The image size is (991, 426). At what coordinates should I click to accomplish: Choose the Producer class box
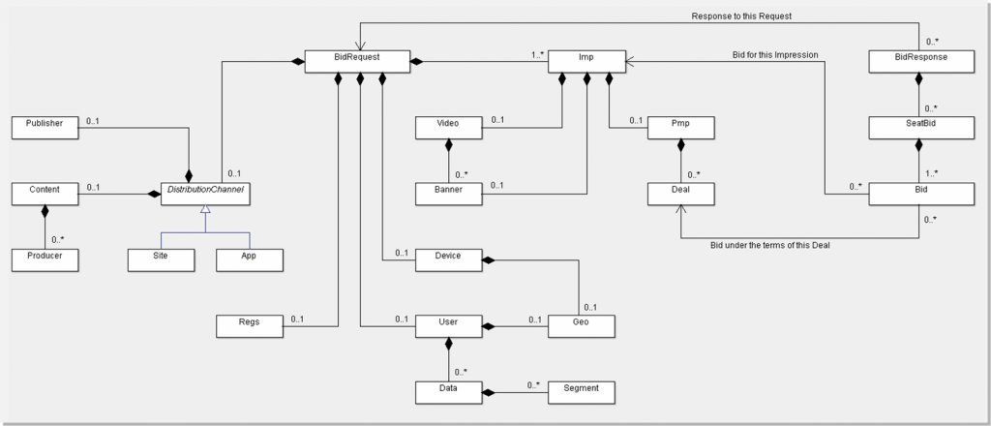[x=44, y=259]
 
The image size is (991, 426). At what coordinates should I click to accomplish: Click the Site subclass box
[x=160, y=259]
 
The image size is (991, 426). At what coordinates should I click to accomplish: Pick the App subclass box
[x=248, y=259]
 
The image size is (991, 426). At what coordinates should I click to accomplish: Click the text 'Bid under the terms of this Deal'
[x=770, y=245]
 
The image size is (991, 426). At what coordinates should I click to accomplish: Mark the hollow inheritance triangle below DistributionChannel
[x=204, y=212]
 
